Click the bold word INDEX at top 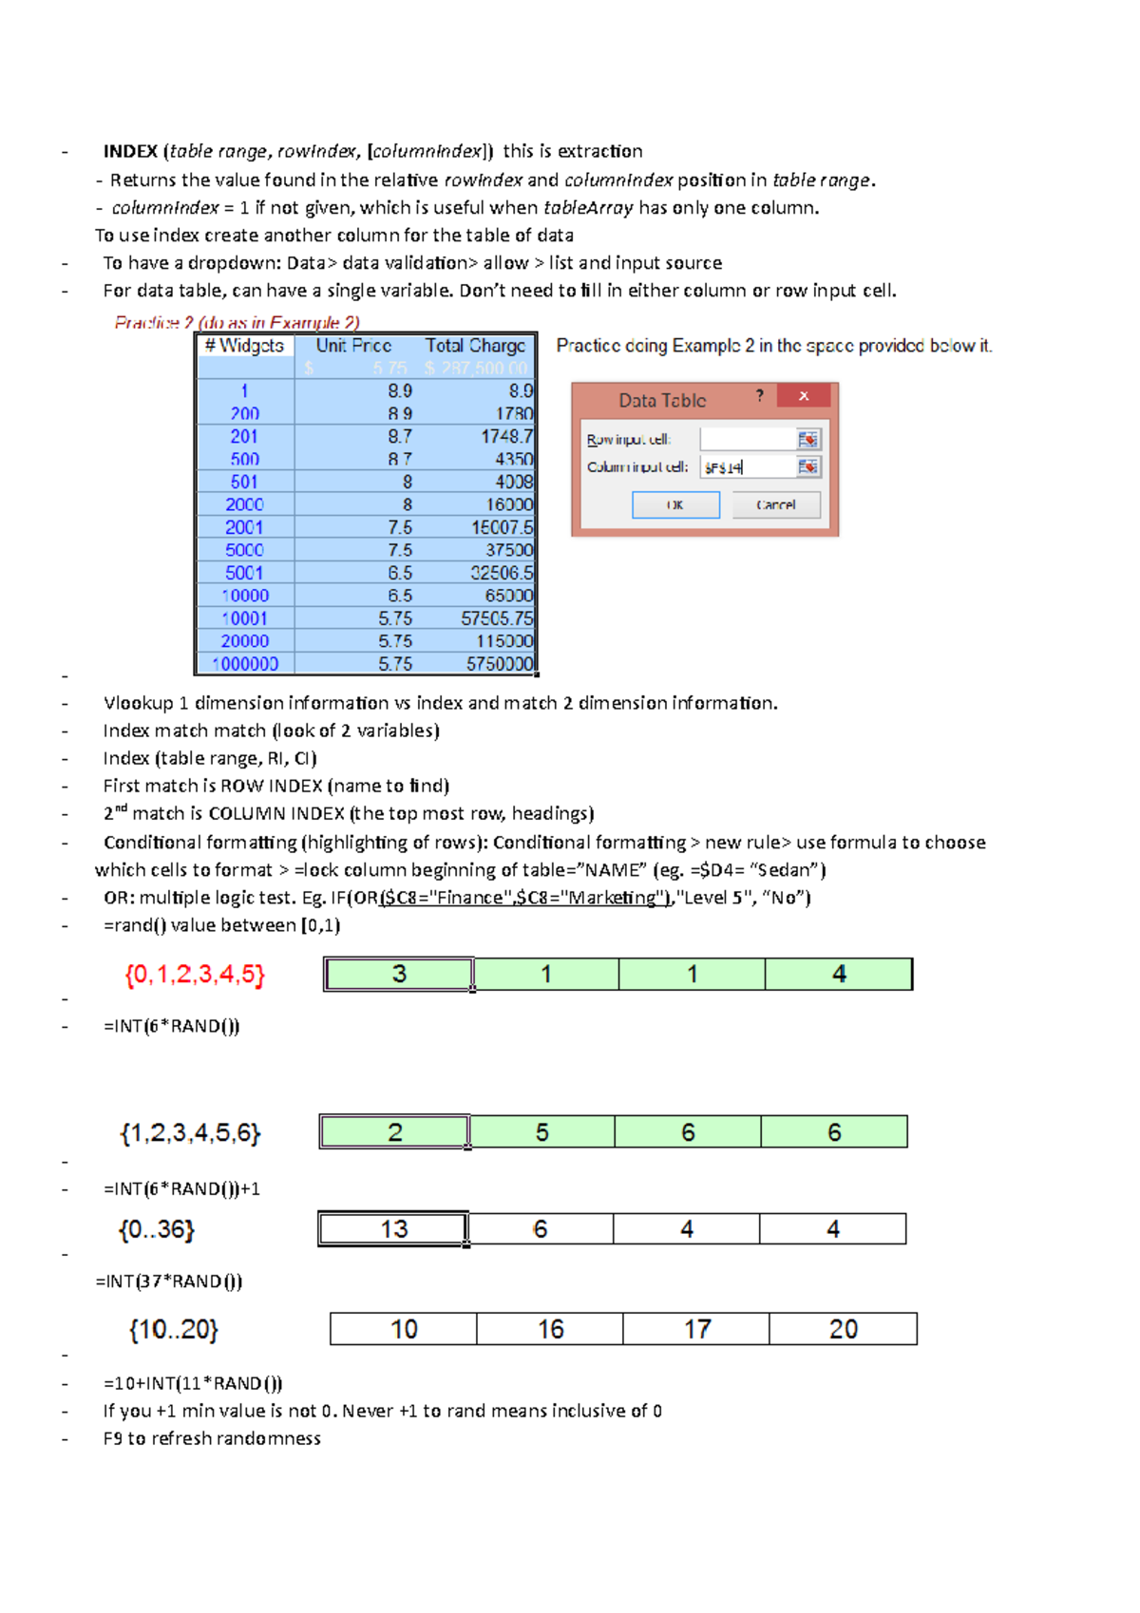click(130, 151)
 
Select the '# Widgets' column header click(244, 346)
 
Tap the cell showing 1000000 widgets click(245, 664)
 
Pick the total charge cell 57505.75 click(496, 618)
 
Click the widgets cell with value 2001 click(244, 527)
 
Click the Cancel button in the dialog click(775, 504)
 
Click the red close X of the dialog click(804, 396)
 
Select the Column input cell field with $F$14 click(748, 466)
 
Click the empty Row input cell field click(748, 439)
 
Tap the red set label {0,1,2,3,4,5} click(195, 974)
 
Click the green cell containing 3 click(399, 974)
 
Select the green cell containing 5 click(541, 1132)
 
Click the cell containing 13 click(393, 1229)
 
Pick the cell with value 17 click(696, 1329)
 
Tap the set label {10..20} click(174, 1329)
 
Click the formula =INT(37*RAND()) click(169, 1281)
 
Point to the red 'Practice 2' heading click(237, 322)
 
